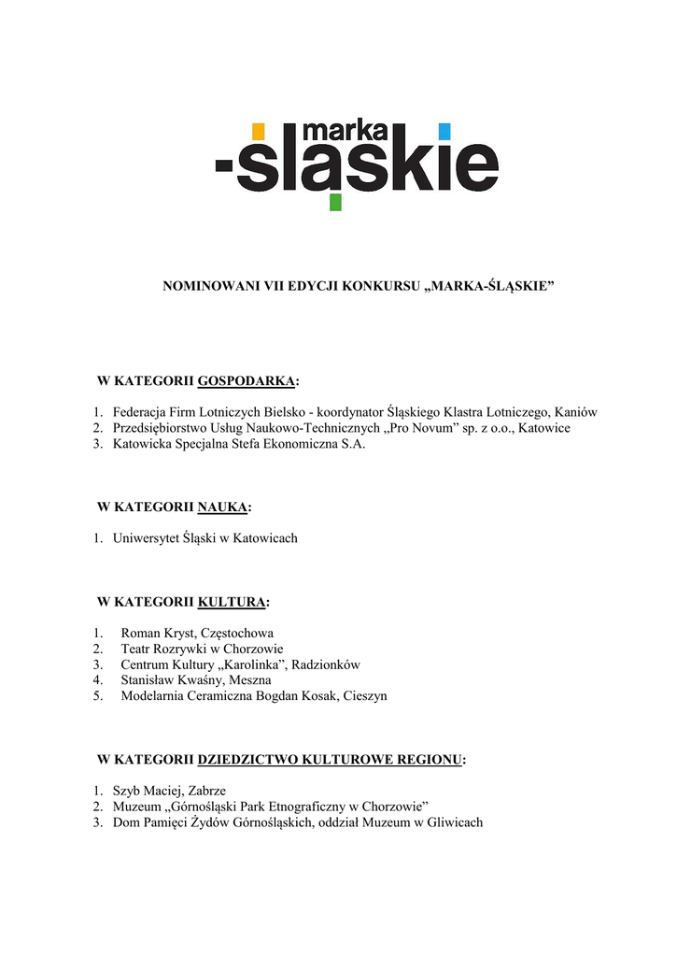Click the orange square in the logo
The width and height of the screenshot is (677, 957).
coord(259,131)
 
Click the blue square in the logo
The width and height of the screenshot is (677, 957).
coord(444,131)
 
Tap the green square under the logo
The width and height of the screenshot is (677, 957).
coord(335,202)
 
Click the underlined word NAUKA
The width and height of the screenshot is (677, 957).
coord(223,507)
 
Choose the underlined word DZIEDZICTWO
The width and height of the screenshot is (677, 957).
coord(247,759)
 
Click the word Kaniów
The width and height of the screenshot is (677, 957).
coord(575,411)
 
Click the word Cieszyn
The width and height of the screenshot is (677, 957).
coord(365,696)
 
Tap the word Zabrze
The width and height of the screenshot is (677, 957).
coord(205,791)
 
